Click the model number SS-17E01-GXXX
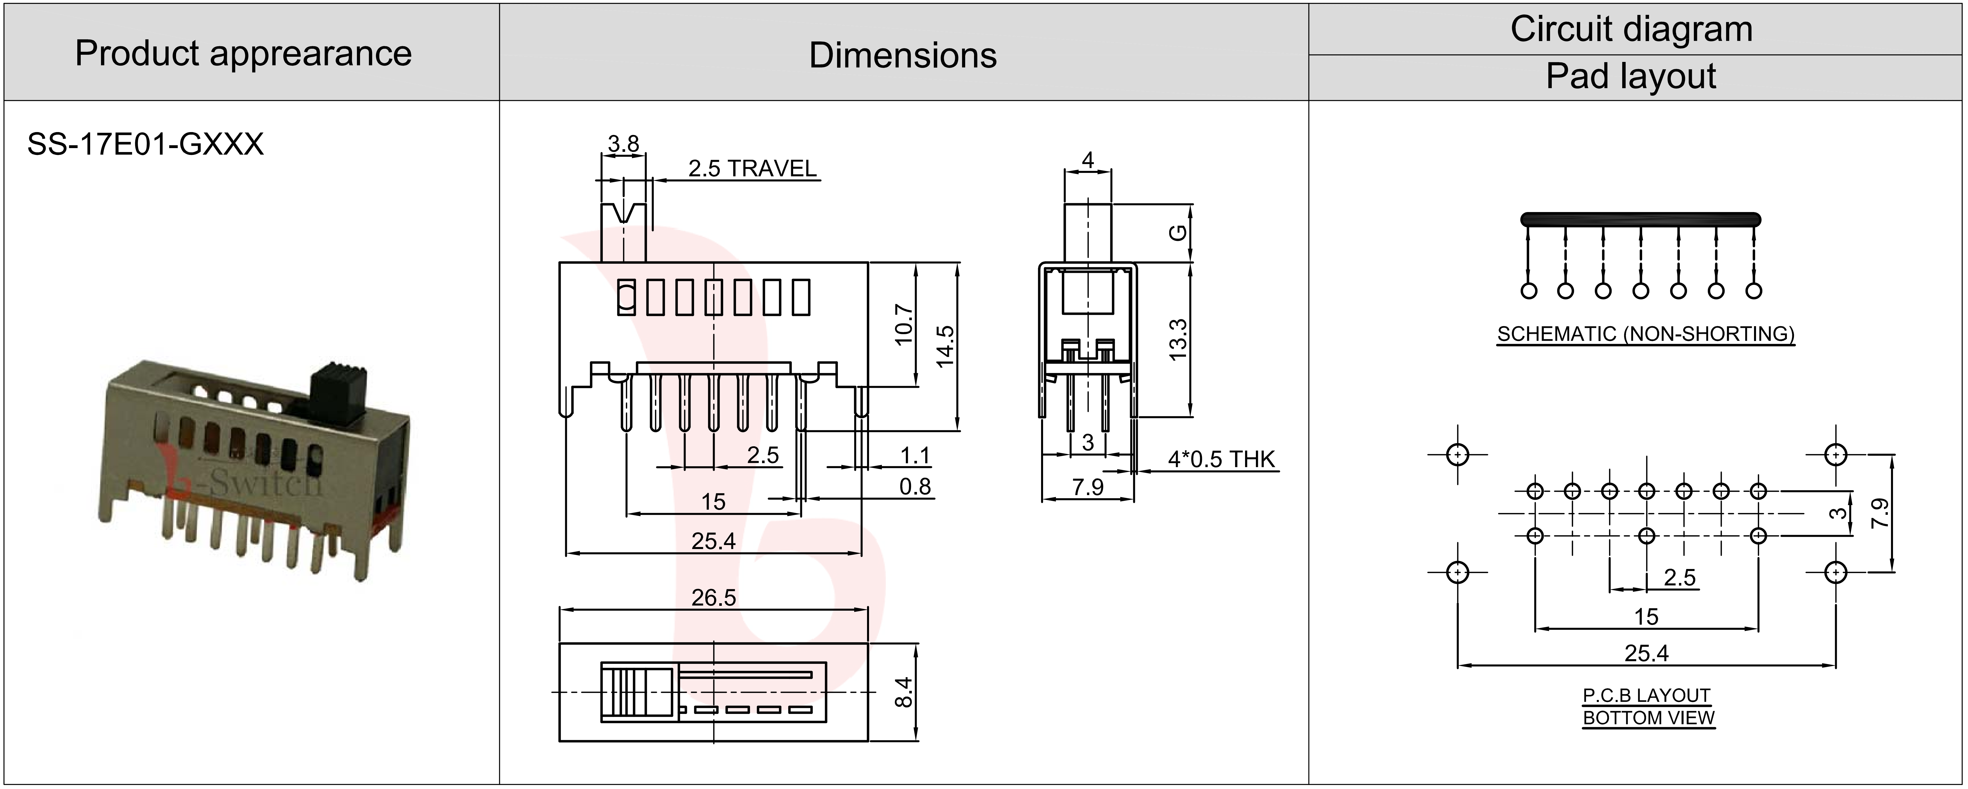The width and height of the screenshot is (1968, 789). [x=145, y=144]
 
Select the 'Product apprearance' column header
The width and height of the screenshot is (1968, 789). [x=243, y=53]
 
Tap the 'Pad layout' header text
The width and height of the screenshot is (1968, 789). [x=1631, y=76]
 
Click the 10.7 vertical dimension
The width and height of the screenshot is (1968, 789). [x=904, y=325]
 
